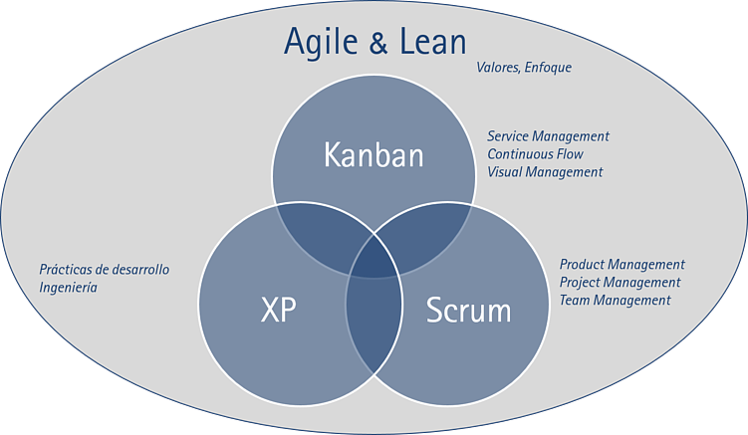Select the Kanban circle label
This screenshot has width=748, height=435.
(374, 155)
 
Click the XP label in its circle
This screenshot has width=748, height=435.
(278, 311)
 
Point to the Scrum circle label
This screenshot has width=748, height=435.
(468, 311)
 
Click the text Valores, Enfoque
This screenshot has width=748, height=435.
(524, 68)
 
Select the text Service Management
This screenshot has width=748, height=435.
(548, 135)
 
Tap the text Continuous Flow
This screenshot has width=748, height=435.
(535, 154)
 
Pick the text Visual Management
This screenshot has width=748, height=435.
(545, 172)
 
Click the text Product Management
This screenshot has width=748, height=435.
(622, 265)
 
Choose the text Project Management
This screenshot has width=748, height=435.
(620, 283)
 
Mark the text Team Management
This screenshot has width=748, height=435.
(615, 301)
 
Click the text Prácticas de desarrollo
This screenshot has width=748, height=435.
(104, 270)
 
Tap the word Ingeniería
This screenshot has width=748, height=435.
(69, 288)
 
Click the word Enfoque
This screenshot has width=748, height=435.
(549, 68)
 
